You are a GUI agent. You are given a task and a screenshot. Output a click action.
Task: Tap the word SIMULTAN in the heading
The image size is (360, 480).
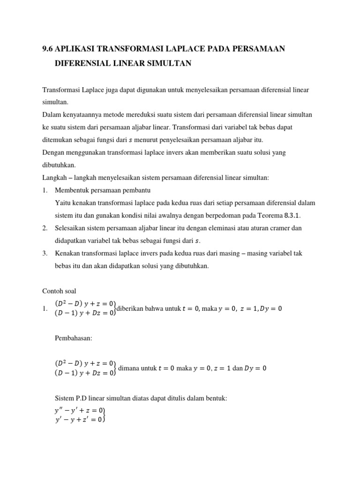pos(171,63)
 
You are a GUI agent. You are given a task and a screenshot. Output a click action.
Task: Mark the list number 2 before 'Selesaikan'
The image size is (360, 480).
pos(45,228)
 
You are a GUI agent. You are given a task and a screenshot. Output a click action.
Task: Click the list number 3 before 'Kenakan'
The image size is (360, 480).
pos(45,254)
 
